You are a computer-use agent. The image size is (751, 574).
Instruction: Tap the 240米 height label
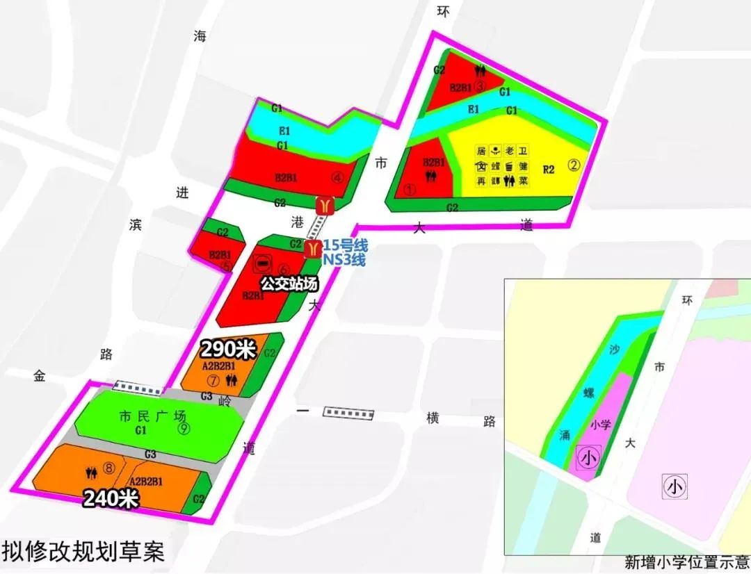pos(112,498)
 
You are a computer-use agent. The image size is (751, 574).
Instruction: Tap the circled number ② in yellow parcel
pos(574,166)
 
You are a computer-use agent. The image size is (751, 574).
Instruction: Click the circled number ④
pos(338,177)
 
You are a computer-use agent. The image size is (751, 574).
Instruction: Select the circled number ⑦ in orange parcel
pos(213,380)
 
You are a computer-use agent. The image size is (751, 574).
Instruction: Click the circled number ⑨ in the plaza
pos(184,429)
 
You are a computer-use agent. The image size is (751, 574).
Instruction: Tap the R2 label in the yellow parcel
pos(549,169)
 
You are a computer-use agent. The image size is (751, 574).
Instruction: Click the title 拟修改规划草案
pos(83,552)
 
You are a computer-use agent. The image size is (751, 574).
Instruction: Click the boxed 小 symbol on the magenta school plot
pos(588,459)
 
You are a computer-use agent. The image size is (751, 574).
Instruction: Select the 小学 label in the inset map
pos(599,425)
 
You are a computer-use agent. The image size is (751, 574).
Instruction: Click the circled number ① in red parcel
pos(410,189)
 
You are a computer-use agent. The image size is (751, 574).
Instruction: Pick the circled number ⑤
pos(225,266)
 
